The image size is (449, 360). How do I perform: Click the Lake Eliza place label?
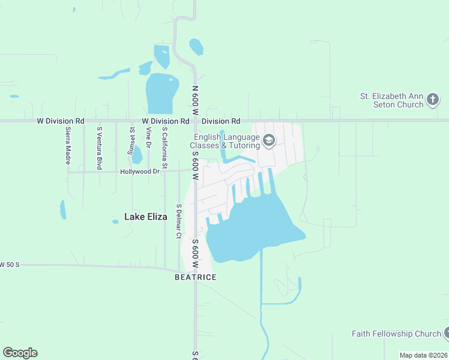(145, 217)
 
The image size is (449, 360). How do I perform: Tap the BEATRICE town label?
(195, 277)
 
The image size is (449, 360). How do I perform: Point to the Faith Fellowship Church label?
(396, 334)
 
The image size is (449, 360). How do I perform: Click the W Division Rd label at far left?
(60, 121)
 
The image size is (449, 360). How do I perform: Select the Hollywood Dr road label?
(139, 172)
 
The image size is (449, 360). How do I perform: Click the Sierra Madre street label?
(68, 146)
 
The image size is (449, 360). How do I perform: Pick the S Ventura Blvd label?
(100, 148)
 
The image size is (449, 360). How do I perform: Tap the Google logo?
(20, 352)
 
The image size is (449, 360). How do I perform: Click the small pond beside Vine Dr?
(137, 155)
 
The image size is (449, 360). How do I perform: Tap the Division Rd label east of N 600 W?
(224, 121)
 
